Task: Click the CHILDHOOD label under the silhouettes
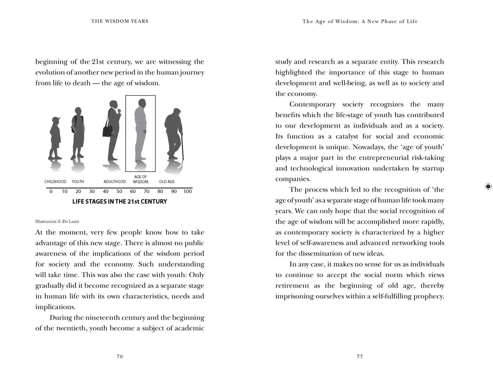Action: pyautogui.click(x=55, y=182)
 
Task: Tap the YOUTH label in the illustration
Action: pyautogui.click(x=78, y=182)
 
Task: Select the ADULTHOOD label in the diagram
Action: pyautogui.click(x=115, y=182)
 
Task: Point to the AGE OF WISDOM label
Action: pyautogui.click(x=140, y=180)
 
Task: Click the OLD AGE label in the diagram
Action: pyautogui.click(x=167, y=182)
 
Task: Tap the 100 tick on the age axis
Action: pyautogui.click(x=188, y=192)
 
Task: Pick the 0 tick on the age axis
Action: pyautogui.click(x=51, y=192)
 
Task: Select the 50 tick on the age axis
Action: pyautogui.click(x=119, y=192)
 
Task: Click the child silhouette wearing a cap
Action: pyautogui.click(x=55, y=137)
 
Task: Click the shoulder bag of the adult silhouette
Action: pyautogui.click(x=108, y=130)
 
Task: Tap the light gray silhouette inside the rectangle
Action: pyautogui.click(x=140, y=130)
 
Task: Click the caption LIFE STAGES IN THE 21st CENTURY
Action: pyautogui.click(x=119, y=202)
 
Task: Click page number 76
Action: pyautogui.click(x=120, y=356)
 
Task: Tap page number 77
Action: pyautogui.click(x=360, y=356)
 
